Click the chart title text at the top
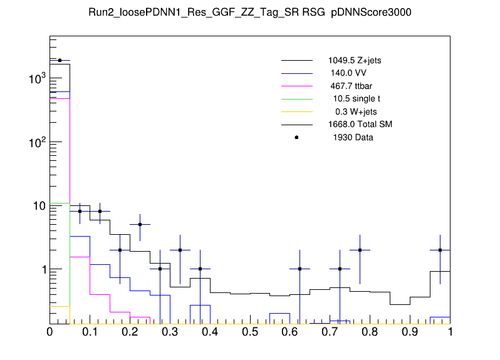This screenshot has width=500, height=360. click(x=249, y=13)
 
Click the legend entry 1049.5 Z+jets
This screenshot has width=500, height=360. click(x=354, y=61)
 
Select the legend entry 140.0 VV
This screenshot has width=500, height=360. click(x=348, y=73)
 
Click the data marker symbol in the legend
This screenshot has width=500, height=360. click(x=296, y=137)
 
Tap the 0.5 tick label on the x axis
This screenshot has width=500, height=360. click(x=250, y=331)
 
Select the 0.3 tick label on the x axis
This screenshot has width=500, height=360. click(x=170, y=331)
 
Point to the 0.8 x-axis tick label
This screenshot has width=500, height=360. click(x=370, y=331)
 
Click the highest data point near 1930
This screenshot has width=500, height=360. click(x=60, y=61)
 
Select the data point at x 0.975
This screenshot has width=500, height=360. click(x=440, y=250)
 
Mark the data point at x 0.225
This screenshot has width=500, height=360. click(x=140, y=224)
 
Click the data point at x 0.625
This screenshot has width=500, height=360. click(x=300, y=269)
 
